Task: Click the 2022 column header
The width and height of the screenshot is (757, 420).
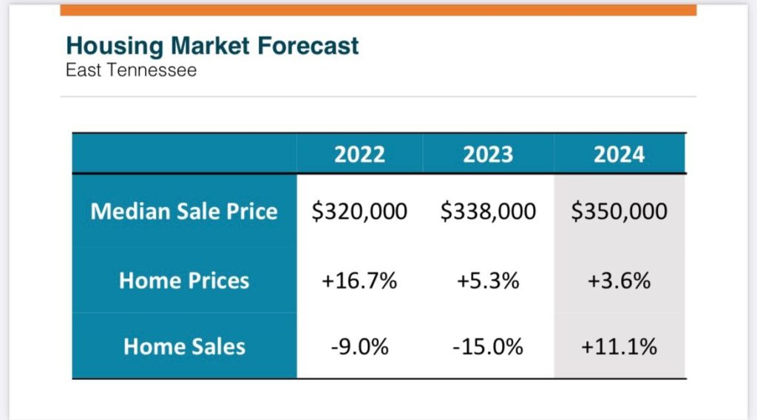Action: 359,154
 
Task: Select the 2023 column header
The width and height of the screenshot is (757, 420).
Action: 488,154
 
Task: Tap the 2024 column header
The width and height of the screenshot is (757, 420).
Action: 619,154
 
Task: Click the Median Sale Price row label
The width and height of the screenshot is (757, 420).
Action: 184,211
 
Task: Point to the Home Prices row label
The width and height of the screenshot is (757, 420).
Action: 184,280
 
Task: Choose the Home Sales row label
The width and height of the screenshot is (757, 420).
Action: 184,346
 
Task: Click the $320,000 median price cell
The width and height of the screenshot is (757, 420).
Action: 359,211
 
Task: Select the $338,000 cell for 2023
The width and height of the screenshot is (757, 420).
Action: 488,211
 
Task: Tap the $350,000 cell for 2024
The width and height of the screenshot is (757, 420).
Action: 619,211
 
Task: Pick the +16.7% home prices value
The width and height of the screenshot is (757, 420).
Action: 359,281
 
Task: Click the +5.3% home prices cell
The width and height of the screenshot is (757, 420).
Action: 488,281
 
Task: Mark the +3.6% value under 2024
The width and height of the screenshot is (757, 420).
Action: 619,281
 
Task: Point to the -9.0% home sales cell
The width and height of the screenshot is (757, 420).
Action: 359,347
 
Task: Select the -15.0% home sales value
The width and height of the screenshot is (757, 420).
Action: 488,347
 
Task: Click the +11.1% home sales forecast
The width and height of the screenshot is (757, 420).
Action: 619,347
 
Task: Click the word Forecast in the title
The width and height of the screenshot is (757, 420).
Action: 308,46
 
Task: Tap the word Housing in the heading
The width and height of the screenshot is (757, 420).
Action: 115,46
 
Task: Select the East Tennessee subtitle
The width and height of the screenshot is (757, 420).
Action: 131,71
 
